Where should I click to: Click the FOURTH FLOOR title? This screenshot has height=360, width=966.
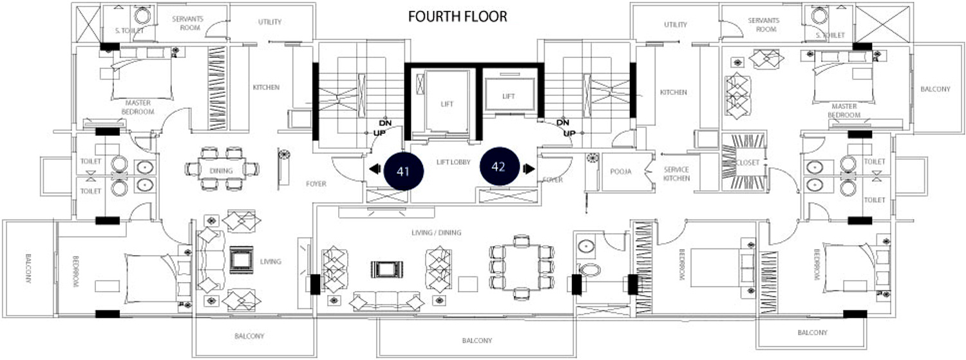(457, 16)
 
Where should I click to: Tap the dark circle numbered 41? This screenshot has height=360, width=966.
(404, 171)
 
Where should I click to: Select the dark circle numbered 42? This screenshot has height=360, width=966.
(499, 166)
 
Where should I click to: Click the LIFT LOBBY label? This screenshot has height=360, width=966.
(453, 162)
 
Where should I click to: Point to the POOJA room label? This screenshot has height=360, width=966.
(621, 171)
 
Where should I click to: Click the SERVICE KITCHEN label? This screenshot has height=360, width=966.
(676, 174)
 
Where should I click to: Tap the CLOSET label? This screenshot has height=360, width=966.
(747, 162)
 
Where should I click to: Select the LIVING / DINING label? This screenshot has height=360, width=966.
(436, 233)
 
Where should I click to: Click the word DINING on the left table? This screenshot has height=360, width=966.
(222, 171)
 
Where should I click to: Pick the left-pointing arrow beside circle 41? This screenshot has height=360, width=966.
(375, 169)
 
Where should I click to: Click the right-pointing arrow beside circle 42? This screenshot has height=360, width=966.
(529, 169)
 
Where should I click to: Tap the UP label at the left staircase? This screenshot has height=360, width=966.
(379, 133)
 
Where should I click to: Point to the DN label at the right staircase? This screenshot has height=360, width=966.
(563, 122)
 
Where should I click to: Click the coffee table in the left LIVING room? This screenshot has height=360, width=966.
(241, 260)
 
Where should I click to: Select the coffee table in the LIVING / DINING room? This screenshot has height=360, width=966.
(387, 269)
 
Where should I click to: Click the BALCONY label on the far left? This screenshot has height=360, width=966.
(28, 268)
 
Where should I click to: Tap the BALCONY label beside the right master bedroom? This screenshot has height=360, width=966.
(935, 90)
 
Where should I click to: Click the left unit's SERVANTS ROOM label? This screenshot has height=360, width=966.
(187, 23)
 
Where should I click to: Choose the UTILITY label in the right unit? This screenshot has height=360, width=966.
(676, 25)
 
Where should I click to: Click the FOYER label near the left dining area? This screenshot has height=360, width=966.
(316, 184)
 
